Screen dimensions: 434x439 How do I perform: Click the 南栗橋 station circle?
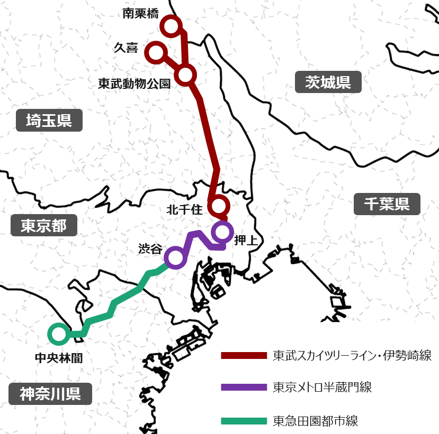(x=172, y=25)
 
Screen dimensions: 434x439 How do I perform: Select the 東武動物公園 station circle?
(x=185, y=75)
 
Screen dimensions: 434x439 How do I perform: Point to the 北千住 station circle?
(x=219, y=205)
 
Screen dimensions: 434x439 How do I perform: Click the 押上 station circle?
(x=222, y=231)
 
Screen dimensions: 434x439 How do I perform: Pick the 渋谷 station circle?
(x=174, y=257)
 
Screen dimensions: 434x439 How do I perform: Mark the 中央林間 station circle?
(x=58, y=334)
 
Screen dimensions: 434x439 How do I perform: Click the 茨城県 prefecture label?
(x=328, y=82)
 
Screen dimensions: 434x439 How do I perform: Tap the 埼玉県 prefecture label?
(x=49, y=120)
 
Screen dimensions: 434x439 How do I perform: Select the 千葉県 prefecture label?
(x=387, y=204)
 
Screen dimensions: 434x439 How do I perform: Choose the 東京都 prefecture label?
(x=44, y=226)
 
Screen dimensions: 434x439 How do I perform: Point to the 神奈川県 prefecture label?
(x=50, y=394)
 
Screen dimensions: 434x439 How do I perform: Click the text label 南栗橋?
(x=140, y=14)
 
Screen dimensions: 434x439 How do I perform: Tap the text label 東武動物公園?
(x=135, y=84)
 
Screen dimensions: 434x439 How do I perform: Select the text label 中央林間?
(x=58, y=358)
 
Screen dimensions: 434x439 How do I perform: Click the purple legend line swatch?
(x=243, y=387)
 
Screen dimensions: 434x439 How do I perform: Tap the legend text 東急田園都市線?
(x=316, y=421)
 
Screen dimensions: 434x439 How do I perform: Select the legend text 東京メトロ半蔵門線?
(x=322, y=387)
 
